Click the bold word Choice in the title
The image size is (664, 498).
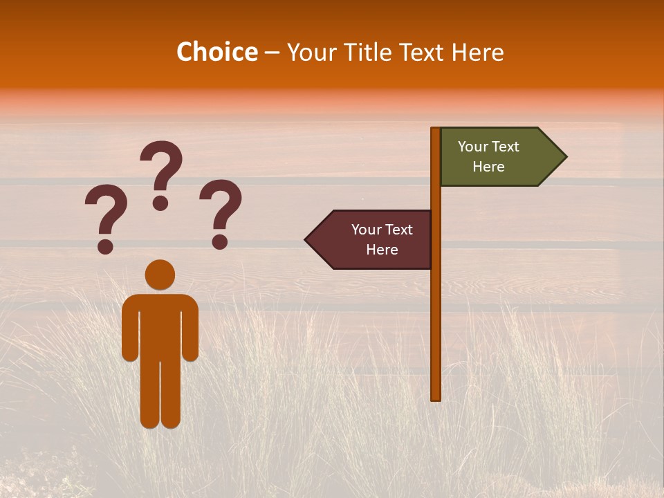[216, 52]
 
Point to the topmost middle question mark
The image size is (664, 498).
[161, 174]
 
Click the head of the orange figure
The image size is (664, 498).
[160, 275]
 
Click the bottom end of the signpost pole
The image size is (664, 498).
[435, 397]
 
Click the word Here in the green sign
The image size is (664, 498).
[488, 167]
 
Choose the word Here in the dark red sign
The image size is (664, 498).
[382, 250]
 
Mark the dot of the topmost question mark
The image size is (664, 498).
[160, 203]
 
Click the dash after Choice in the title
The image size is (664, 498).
[272, 53]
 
